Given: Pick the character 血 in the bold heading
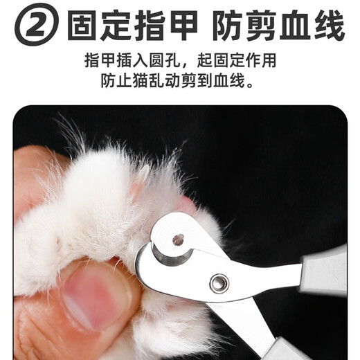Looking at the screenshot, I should tap(295, 27).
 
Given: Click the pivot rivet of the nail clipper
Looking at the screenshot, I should tap(221, 282).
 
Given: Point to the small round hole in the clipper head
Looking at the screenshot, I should tap(179, 240).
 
